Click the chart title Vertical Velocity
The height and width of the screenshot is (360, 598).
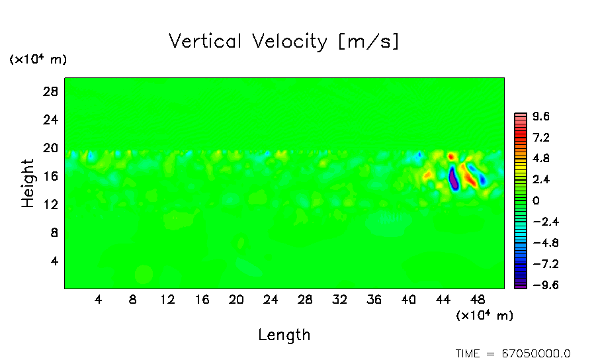pos(284,42)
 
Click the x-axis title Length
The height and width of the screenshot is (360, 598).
pos(284,335)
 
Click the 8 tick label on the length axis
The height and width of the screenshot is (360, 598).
pos(133,299)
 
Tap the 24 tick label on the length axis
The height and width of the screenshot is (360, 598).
pos(271,299)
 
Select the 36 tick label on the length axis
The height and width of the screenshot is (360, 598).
pos(374,299)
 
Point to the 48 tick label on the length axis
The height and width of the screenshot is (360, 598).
pos(477,299)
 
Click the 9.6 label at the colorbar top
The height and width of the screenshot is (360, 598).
pos(541,117)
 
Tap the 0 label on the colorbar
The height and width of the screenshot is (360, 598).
pos(536,201)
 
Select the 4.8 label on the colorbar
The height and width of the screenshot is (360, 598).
pos(541,159)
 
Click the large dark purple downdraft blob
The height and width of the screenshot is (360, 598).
pos(453,179)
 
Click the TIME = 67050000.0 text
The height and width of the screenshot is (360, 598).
pos(513,353)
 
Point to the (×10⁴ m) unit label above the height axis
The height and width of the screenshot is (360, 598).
pos(38,60)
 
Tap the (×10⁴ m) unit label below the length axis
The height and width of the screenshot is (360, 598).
pos(484,316)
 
